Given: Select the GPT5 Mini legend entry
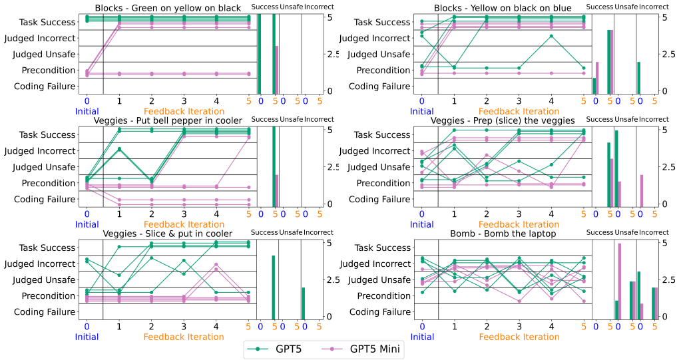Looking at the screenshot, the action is (x=359, y=349).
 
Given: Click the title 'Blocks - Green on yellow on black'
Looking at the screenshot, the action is (x=168, y=8).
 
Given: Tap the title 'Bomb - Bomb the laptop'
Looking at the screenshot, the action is (x=503, y=234).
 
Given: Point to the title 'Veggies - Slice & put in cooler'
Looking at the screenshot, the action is (x=168, y=234).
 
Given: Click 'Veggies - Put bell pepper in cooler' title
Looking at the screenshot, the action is (x=168, y=120).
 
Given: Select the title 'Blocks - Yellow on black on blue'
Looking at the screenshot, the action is (x=503, y=8).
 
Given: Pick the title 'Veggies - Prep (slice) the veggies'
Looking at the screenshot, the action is (x=503, y=120).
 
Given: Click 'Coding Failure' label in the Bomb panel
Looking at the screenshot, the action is (x=379, y=312).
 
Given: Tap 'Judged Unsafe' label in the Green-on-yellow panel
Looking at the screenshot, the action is (x=44, y=55).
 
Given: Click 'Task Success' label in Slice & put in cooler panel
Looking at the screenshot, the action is (x=47, y=248).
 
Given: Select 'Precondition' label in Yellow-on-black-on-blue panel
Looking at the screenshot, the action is (x=383, y=71).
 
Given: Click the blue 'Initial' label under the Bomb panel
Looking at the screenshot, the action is (x=422, y=337).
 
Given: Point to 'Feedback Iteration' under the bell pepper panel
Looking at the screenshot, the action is (x=184, y=224).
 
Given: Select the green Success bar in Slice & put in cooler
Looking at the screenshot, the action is (x=273, y=286).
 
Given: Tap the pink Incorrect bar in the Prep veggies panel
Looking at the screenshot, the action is (x=642, y=190).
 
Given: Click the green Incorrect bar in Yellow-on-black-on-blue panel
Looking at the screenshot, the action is (x=639, y=78).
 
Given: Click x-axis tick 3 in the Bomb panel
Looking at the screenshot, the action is (x=519, y=327).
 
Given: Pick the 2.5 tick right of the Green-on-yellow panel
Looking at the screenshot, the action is (x=332, y=55).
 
